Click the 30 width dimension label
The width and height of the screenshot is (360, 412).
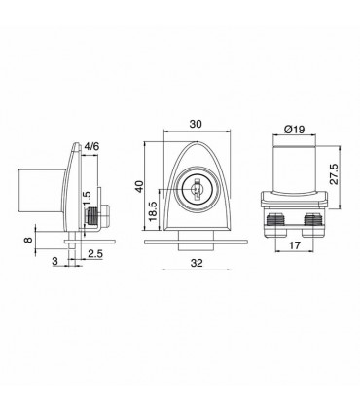[x=196, y=124]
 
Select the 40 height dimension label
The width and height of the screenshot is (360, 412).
[x=139, y=187]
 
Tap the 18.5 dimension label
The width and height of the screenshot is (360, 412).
[x=153, y=211]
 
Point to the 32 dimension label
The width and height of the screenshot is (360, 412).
[x=197, y=263]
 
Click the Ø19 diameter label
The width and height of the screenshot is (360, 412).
[x=294, y=130]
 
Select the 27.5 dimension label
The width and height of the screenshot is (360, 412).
[x=334, y=174]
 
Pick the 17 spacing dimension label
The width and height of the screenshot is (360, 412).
[x=294, y=245]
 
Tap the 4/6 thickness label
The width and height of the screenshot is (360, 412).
[x=91, y=147]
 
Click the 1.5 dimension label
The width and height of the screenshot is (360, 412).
[x=87, y=199]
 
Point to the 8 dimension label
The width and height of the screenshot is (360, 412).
[x=28, y=240]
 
